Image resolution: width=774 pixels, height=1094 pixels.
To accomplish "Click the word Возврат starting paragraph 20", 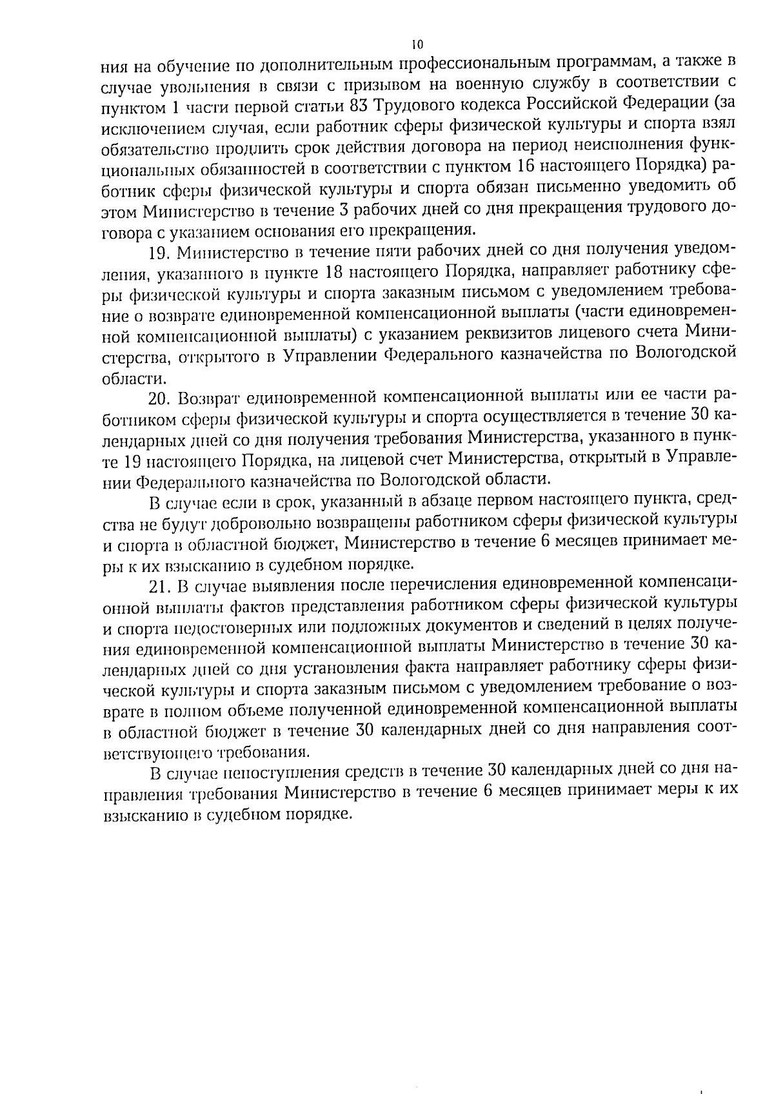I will [209, 395].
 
